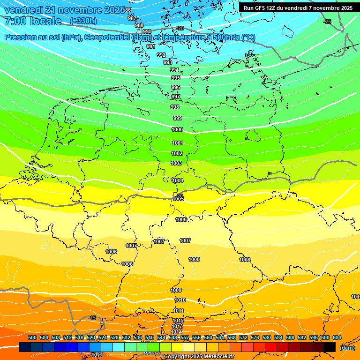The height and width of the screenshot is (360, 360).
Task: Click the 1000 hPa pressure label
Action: (x=177, y=129)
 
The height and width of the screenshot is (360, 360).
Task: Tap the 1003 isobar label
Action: (x=176, y=163)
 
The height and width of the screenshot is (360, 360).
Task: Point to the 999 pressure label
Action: (x=177, y=118)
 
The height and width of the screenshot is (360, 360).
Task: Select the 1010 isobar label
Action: (x=180, y=300)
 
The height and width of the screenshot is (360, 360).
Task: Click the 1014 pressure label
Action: (x=177, y=332)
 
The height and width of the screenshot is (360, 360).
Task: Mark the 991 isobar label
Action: (x=150, y=46)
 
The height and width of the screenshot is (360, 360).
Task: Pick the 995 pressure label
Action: (x=175, y=78)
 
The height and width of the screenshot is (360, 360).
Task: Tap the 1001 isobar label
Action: (x=177, y=143)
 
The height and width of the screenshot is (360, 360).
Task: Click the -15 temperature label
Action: (x=92, y=318)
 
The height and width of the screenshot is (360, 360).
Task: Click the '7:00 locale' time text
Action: (x=32, y=21)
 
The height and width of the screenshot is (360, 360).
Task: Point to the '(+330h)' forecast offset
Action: (x=83, y=21)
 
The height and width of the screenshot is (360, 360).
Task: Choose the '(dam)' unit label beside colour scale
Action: (x=347, y=347)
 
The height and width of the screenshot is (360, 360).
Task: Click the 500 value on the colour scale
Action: (x=32, y=337)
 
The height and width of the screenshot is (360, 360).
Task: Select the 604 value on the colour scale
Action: (x=337, y=337)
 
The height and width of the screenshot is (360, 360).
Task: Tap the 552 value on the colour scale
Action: (x=185, y=337)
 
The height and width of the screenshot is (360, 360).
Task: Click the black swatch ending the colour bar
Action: (x=330, y=347)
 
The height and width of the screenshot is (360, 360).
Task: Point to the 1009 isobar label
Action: (x=176, y=290)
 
